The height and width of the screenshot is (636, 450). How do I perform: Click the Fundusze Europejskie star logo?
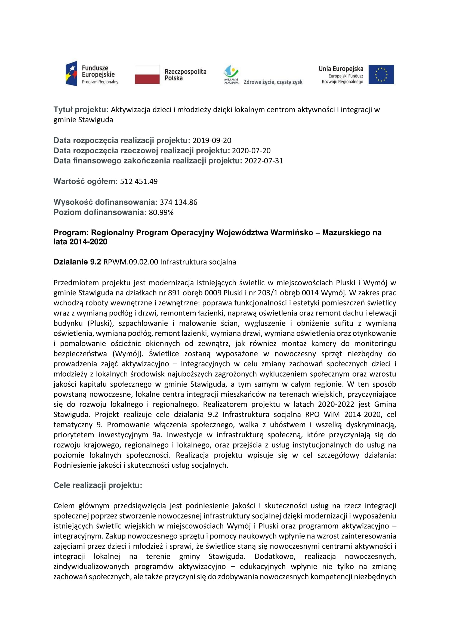pyautogui.click(x=72, y=74)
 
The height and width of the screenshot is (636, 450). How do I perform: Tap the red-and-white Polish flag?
pyautogui.click(x=147, y=75)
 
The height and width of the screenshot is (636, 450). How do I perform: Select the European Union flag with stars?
pyautogui.click(x=381, y=75)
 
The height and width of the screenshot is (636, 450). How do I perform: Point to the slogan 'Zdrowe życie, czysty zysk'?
pyautogui.click(x=273, y=82)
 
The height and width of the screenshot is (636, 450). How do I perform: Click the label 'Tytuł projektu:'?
pyautogui.click(x=81, y=110)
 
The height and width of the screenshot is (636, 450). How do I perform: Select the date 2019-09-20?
pyautogui.click(x=212, y=140)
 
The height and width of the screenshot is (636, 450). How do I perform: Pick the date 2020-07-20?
pyautogui.click(x=251, y=151)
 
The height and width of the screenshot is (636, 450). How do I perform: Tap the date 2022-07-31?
pyautogui.click(x=264, y=161)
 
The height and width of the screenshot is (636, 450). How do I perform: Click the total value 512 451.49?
pyautogui.click(x=139, y=181)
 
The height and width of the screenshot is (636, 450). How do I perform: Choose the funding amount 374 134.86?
pyautogui.click(x=179, y=202)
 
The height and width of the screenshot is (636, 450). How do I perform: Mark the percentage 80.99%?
pyautogui.click(x=161, y=212)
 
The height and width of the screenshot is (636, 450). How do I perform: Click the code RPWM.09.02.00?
pyautogui.click(x=131, y=262)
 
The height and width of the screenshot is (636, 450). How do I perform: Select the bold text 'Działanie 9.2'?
pyautogui.click(x=77, y=262)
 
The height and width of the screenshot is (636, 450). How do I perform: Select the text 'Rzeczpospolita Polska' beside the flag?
pyautogui.click(x=185, y=75)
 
